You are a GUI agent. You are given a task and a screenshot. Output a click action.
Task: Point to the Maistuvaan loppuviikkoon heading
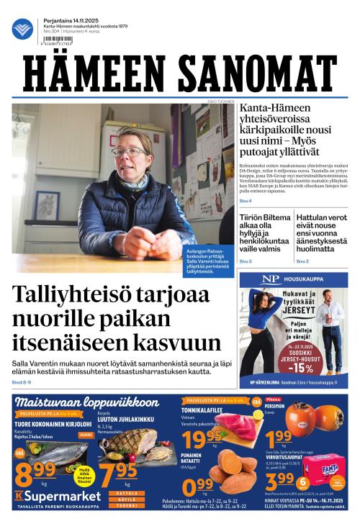pos(86,402)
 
